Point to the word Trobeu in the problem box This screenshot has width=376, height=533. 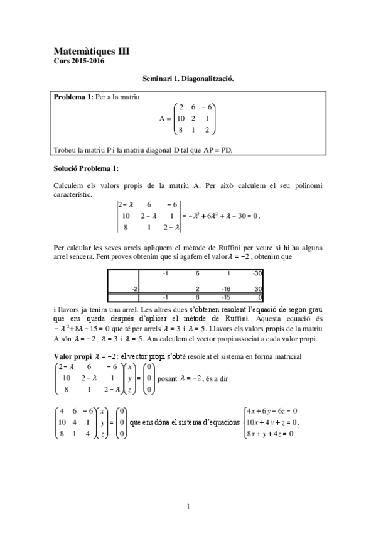click(66, 149)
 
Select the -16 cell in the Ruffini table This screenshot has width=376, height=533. click(227, 288)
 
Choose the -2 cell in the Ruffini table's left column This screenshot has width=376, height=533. click(134, 288)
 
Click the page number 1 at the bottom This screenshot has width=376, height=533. click(188, 506)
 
